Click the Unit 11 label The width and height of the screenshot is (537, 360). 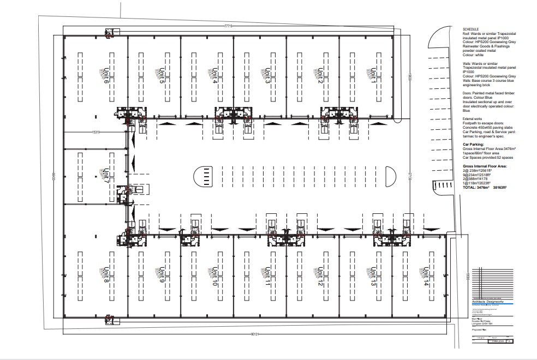click(x=267, y=277)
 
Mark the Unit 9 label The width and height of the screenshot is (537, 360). click(x=162, y=277)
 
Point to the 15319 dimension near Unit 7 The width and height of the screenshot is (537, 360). click(x=97, y=132)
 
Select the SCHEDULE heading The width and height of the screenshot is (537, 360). click(x=470, y=29)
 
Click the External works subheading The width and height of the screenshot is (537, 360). click(x=473, y=118)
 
